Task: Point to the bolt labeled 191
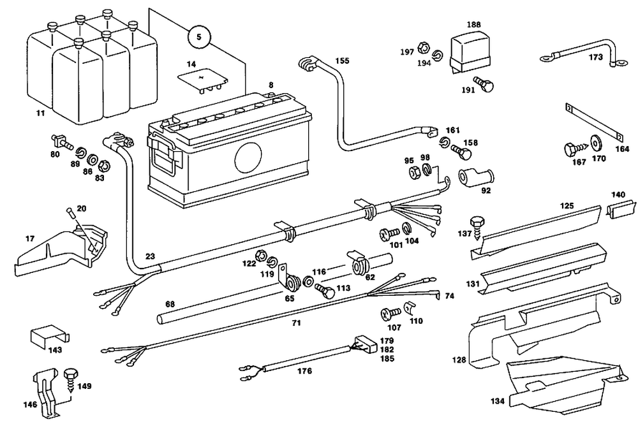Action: [487, 84]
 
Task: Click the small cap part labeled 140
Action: [621, 208]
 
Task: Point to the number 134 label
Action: [498, 402]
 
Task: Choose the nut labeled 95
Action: [413, 172]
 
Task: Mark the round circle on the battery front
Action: [248, 157]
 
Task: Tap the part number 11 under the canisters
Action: [40, 113]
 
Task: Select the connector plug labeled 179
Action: [362, 345]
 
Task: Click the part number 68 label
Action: [170, 304]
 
